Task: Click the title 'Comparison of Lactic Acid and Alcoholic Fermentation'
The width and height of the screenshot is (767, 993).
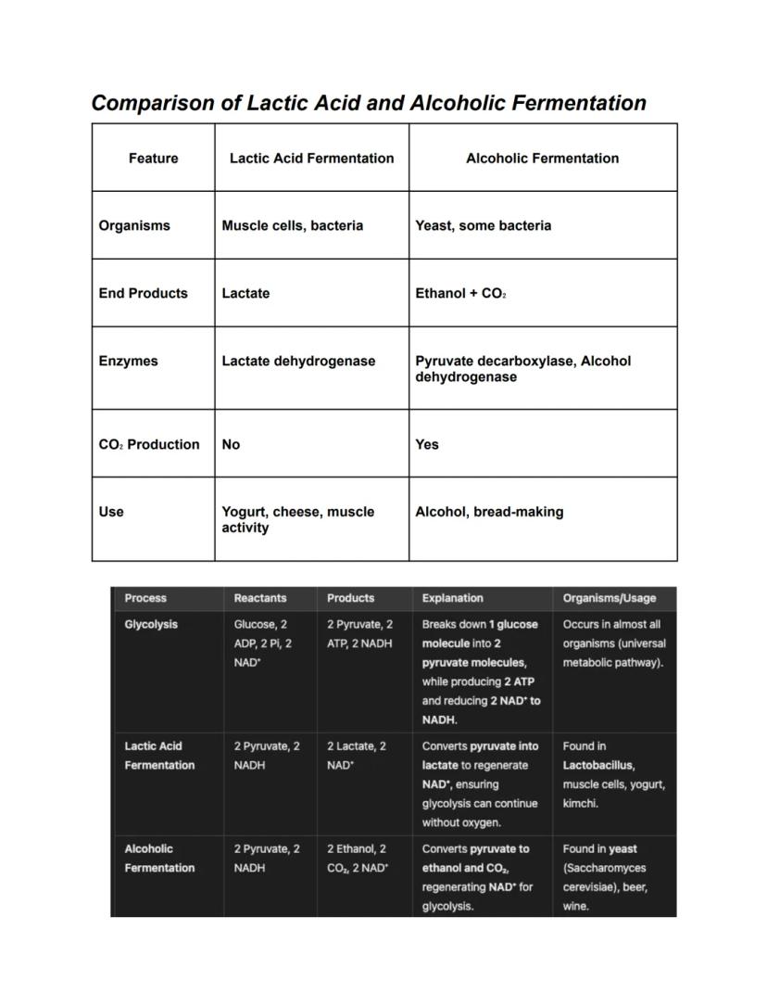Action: (368, 103)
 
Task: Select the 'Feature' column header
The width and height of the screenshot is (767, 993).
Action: (153, 159)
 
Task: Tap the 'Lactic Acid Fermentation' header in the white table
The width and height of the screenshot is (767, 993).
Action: (311, 159)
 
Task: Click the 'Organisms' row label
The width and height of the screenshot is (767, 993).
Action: (134, 225)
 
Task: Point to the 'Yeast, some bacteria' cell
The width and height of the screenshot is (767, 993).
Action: (483, 225)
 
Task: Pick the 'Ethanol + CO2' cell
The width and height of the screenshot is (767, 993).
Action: (460, 293)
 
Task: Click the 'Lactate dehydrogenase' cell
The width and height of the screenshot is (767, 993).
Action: (298, 361)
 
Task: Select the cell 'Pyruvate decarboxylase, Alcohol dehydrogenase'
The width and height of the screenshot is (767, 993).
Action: (522, 369)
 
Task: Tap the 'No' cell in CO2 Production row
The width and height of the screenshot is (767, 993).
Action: (231, 444)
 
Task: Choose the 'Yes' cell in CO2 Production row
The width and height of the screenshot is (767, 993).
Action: (427, 444)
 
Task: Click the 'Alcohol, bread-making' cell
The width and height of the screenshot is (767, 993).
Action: (489, 512)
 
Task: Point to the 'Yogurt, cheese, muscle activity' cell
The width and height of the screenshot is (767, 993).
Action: (297, 519)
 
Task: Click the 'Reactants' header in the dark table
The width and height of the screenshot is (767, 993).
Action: (260, 598)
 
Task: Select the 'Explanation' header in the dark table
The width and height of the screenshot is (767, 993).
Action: (452, 598)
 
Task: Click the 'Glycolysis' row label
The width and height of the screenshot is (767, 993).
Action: (151, 624)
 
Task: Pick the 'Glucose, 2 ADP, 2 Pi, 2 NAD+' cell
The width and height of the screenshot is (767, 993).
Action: (263, 643)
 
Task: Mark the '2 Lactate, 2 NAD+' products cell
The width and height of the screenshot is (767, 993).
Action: (357, 756)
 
